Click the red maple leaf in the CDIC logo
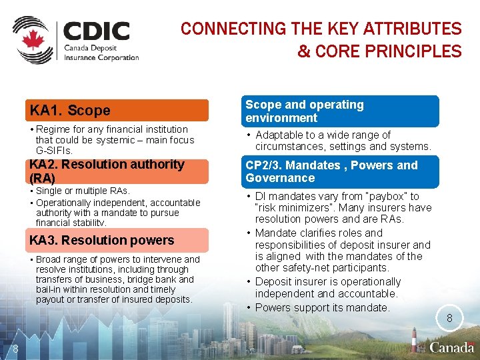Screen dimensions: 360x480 (31, 40)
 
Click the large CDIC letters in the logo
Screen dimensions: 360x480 (97, 31)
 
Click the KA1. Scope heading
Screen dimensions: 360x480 (70, 111)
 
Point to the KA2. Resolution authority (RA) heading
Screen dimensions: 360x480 (107, 171)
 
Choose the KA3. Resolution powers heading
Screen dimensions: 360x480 (102, 240)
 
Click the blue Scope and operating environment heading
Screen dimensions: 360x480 (305, 111)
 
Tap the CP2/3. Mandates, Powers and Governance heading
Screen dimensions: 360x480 (331, 171)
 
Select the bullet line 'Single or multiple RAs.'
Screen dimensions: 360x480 (83, 191)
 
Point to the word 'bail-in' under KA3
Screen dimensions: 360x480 (50, 289)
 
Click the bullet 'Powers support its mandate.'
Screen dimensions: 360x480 (323, 307)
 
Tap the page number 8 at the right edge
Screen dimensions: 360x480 (449, 319)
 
